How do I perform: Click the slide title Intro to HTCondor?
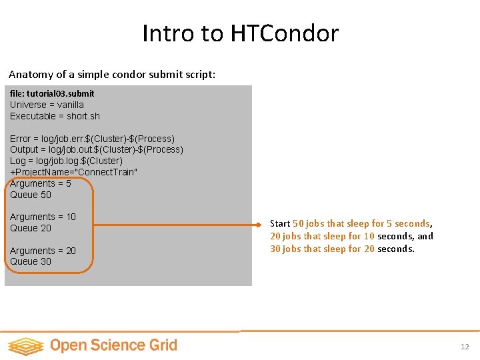[240, 33]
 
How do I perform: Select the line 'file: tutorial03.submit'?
[52, 94]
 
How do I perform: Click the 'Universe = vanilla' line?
[47, 105]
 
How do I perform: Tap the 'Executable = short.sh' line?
[55, 116]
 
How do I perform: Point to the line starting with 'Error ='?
[92, 139]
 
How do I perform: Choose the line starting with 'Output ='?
[97, 149]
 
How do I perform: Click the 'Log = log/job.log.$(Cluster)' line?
[66, 161]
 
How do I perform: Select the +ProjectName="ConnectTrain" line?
[73, 172]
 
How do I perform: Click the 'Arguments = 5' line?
[40, 183]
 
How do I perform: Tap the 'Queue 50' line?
[31, 195]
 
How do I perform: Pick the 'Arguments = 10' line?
[43, 217]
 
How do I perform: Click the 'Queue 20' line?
[31, 228]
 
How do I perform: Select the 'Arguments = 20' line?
[43, 251]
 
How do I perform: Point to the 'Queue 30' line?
[31, 261]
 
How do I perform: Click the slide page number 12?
[465, 347]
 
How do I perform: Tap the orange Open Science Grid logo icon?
[25, 345]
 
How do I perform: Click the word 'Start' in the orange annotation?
[280, 224]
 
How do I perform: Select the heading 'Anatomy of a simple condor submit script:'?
[112, 75]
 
